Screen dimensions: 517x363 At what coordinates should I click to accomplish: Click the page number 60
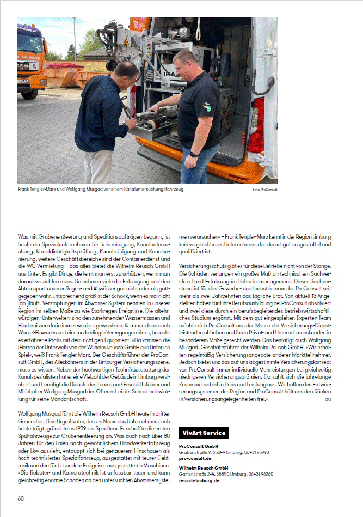click(x=21, y=498)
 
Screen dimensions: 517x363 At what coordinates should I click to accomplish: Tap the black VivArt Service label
click(x=204, y=433)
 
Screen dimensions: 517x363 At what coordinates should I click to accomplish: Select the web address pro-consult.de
click(x=195, y=459)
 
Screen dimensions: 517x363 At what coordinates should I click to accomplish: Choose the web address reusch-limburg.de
click(x=198, y=480)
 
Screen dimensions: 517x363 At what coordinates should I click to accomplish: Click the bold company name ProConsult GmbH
click(x=197, y=446)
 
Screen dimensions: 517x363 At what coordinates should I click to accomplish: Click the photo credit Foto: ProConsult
click(x=265, y=190)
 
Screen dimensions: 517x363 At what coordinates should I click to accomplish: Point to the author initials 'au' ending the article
click(x=328, y=399)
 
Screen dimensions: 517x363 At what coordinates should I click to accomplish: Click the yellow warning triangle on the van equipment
click(x=126, y=42)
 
